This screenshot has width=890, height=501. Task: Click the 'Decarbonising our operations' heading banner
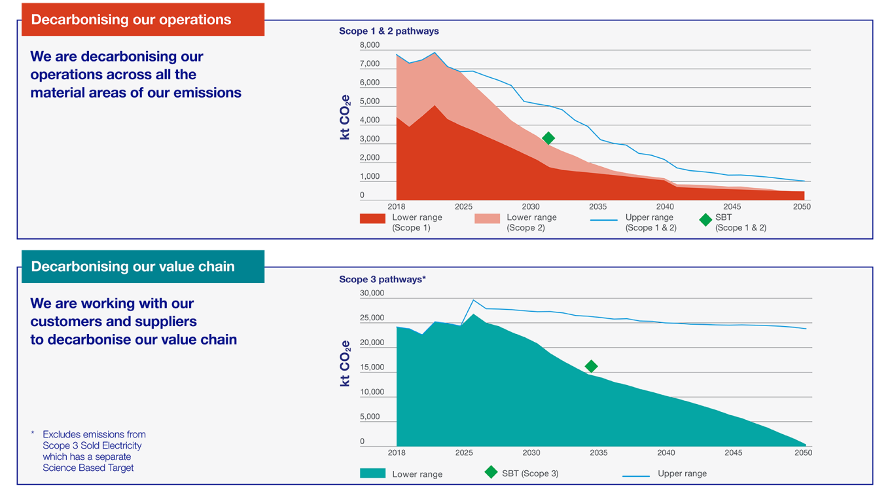[x=143, y=20]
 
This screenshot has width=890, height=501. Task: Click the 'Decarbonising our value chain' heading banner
[x=143, y=267]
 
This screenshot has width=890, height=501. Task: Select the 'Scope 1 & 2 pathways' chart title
[x=389, y=31]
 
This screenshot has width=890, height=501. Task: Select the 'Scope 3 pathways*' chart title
[x=382, y=279]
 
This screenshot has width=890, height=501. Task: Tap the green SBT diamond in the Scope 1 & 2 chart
[x=548, y=138]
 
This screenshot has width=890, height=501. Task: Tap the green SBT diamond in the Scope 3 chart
[x=591, y=366]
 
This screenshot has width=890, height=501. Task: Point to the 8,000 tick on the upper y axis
[x=370, y=45]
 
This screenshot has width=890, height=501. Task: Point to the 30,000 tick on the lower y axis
[x=372, y=293]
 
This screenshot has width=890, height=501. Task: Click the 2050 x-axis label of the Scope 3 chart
[x=803, y=453]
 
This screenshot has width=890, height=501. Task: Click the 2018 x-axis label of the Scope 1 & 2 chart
[x=396, y=206]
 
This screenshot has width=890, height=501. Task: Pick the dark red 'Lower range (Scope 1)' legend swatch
[x=372, y=219]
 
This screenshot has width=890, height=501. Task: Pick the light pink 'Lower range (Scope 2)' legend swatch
[x=487, y=219]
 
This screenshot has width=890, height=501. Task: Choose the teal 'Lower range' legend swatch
[x=372, y=473]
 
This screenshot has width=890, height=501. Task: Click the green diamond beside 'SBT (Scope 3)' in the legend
[x=491, y=472]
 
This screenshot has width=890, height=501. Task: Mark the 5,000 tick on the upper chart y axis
[x=370, y=102]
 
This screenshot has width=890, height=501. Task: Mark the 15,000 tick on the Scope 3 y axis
[x=372, y=367]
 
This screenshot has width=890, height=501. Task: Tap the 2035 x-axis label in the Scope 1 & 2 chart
[x=597, y=206]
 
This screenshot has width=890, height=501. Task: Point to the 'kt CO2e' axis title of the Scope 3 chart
[x=346, y=363]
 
